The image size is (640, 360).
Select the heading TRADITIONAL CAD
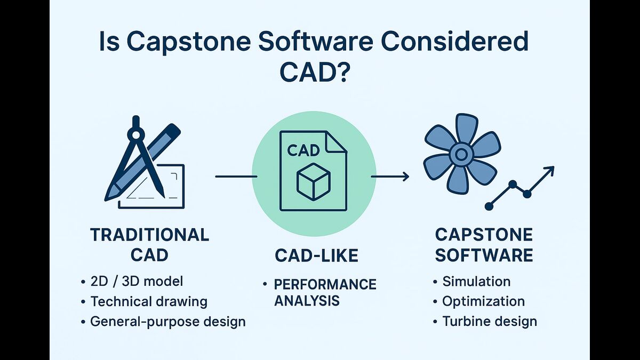(149, 244)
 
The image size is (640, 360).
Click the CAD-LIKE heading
(316, 256)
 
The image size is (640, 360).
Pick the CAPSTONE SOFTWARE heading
(484, 244)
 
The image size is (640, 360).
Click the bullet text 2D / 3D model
(137, 281)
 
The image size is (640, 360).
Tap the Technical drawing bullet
(149, 301)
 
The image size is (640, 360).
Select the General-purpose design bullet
(168, 322)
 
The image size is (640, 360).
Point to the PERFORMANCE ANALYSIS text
(325, 292)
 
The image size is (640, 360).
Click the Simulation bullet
(476, 281)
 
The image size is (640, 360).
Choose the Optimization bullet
(483, 301)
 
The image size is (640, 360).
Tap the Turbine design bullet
(490, 322)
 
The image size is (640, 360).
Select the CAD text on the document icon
(303, 150)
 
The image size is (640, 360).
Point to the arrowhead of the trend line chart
(550, 170)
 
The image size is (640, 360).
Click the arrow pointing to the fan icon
(390, 176)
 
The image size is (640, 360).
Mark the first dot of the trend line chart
(489, 206)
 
